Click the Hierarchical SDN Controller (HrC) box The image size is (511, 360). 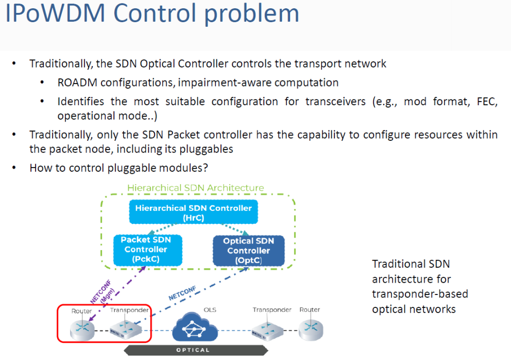pos(193,213)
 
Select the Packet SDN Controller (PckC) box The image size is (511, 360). pos(145,250)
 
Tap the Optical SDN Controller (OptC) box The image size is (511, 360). pos(248,251)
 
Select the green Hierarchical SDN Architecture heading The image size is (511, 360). pos(195,188)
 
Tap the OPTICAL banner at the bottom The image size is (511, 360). pos(194,350)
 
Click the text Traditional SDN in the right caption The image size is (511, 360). pos(411,264)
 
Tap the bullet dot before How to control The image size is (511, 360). pos(15,168)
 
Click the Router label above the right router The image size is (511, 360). pos(309,310)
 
